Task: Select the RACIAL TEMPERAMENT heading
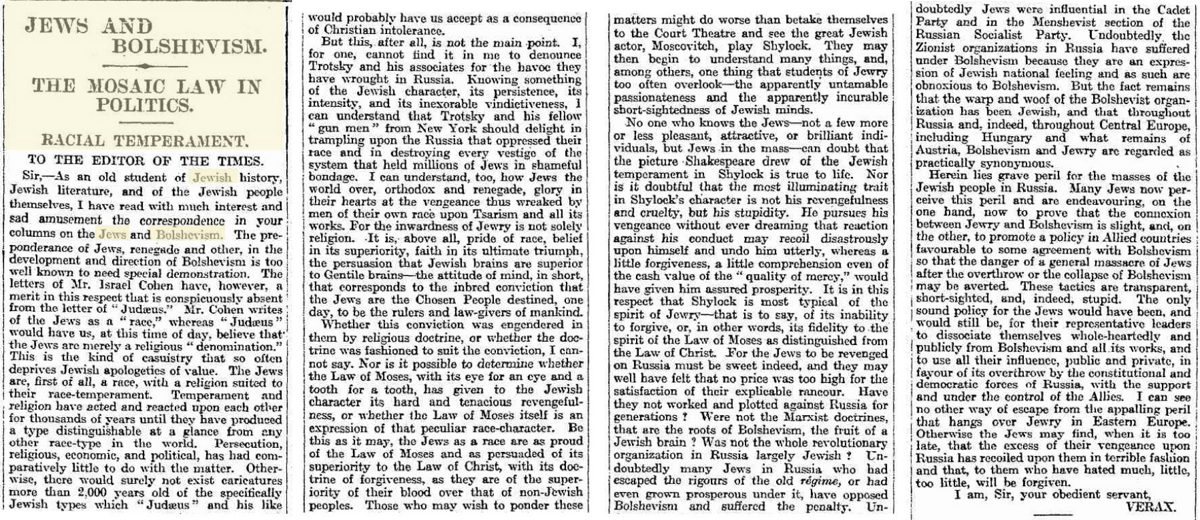[x=143, y=140]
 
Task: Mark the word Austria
[x=937, y=150]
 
